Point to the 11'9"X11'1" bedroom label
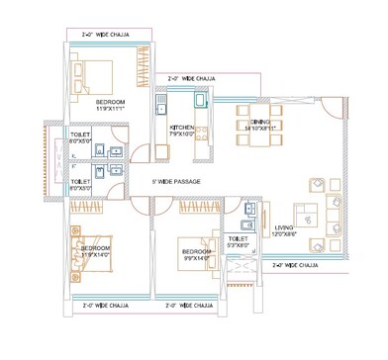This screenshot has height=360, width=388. [x=111, y=104]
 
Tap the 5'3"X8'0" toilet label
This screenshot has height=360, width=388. [x=239, y=242]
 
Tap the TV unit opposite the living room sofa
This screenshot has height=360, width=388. [x=260, y=213]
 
